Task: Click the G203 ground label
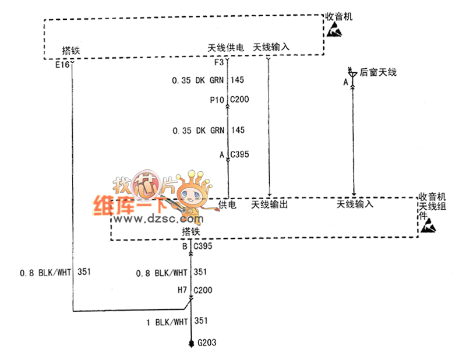coord(207,343)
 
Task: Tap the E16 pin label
coord(62,65)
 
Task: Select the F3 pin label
coord(220,62)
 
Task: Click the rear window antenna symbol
coord(352,73)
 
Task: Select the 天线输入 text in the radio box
coord(271,47)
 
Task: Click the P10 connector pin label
coord(217,100)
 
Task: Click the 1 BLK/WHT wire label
coord(168,321)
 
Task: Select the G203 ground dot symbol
coord(191,343)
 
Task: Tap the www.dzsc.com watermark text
coord(146,220)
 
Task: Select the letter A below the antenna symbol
coord(345,83)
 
